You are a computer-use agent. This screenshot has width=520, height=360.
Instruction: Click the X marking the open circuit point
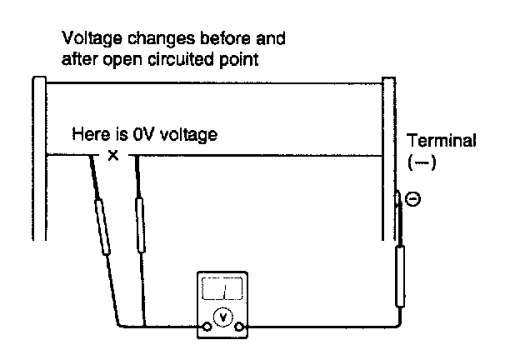point(113,155)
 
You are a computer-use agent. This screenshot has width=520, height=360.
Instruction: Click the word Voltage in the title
point(92,39)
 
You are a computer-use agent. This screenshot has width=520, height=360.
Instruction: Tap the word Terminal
point(441,140)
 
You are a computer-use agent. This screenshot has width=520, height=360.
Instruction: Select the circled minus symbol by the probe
point(413,199)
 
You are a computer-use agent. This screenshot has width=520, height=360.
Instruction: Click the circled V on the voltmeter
point(222,317)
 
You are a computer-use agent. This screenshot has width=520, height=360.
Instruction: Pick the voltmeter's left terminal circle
point(207,327)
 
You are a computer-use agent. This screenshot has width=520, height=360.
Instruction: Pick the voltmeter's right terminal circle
point(239,327)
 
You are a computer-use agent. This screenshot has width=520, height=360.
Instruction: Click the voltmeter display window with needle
point(222,288)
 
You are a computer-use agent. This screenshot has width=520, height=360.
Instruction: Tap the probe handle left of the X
point(102,227)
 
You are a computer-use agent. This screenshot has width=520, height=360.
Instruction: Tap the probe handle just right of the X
point(140,225)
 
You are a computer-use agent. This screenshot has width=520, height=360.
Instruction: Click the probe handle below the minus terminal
point(400,277)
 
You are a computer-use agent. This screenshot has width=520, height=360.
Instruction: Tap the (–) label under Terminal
point(422,162)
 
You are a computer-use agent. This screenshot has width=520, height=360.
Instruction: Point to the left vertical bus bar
point(39,158)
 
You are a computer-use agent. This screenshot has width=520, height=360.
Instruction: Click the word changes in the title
point(161,39)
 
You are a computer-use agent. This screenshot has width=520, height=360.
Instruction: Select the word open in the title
point(122,61)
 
